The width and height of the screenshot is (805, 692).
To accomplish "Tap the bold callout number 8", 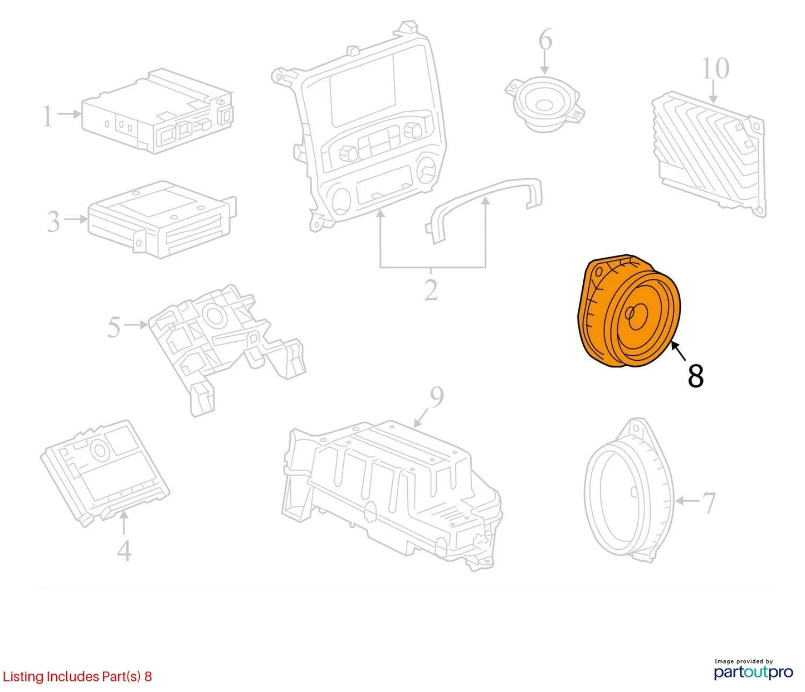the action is tap(696, 376).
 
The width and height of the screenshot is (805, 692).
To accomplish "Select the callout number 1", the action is tap(47, 116).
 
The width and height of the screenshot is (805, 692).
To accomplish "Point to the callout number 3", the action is tap(53, 221).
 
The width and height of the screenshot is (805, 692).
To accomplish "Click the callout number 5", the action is tap(114, 327).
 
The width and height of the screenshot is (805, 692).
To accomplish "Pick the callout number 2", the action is tap(431, 289).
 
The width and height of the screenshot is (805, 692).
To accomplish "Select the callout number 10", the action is tap(716, 68).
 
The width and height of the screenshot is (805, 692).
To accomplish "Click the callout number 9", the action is tap(437, 399).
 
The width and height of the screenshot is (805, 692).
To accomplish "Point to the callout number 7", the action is tap(710, 503).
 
